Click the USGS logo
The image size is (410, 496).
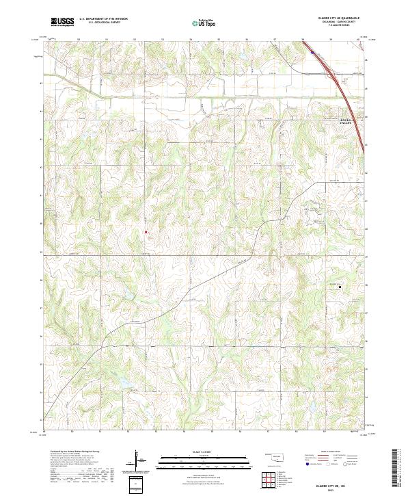(x=62, y=22)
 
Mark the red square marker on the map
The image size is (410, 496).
(x=146, y=232)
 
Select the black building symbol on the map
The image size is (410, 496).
(x=340, y=287)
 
